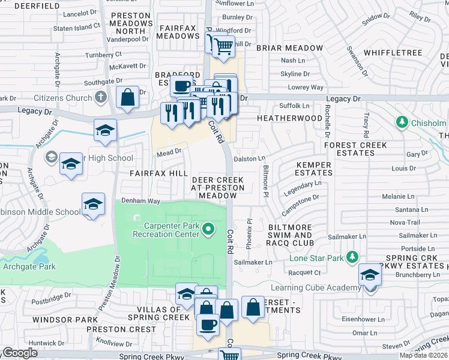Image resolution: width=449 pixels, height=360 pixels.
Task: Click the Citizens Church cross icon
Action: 101,97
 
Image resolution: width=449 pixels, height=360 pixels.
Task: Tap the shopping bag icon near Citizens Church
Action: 128,98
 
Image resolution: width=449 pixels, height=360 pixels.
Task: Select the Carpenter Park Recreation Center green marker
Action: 208,229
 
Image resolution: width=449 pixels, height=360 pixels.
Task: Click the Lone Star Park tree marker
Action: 352,257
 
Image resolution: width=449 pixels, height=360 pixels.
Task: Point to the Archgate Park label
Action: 29,266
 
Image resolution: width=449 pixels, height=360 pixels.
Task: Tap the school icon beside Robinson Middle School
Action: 93,205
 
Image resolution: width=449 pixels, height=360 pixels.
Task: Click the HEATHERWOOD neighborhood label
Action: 289,118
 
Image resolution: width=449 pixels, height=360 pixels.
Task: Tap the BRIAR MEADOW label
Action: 289,48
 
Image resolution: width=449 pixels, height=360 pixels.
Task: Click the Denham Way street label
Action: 140,201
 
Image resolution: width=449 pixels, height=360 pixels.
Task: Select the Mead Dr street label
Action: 169,152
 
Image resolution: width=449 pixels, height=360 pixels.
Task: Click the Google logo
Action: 20,353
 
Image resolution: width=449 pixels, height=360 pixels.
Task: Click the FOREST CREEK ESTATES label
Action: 356,149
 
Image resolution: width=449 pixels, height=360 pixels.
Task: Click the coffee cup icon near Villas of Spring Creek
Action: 208,324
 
